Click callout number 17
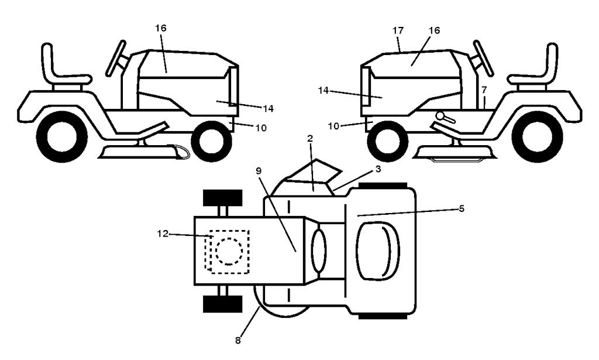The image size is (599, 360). point(398,30)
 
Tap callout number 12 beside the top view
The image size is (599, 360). point(163,234)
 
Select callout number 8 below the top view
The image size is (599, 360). point(237,341)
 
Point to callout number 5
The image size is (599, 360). point(462,208)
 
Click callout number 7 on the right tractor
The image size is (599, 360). point(484,90)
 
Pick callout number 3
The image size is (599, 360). point(378,169)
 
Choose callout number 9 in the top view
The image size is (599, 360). point(259,170)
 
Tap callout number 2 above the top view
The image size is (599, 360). point(310,138)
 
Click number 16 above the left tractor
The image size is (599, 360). point(161,28)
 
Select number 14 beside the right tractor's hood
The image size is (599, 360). point(323,91)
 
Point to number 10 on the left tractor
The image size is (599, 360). point(261,128)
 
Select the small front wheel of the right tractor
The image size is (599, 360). point(384,141)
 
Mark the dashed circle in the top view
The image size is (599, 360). point(229,251)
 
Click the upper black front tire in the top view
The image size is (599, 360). point(223,197)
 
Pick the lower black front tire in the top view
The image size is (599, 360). point(223,304)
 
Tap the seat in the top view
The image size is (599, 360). point(377,251)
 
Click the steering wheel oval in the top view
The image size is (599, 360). point(319,251)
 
